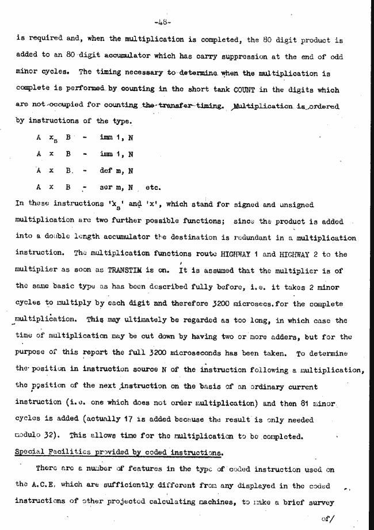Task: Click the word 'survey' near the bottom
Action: [315, 501]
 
